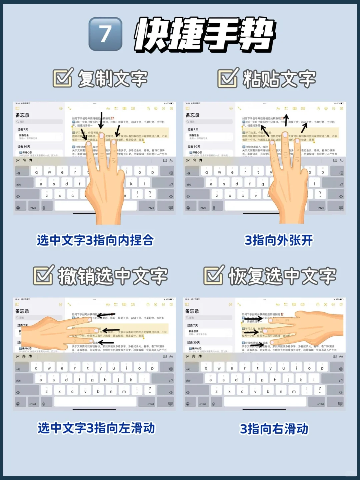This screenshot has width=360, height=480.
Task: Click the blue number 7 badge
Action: click(105, 34)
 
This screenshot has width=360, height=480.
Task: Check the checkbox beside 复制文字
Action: click(63, 78)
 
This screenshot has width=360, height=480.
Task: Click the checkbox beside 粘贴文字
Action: click(228, 78)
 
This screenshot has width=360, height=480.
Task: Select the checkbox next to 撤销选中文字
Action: click(43, 275)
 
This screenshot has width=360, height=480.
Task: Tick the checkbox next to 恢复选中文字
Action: click(214, 275)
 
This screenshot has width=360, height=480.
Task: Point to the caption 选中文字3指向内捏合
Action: click(95, 240)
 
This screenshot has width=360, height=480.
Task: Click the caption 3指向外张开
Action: click(279, 240)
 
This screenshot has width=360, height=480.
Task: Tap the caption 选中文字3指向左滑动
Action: click(96, 428)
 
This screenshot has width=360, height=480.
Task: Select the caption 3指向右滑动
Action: click(274, 429)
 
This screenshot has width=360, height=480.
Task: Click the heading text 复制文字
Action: click(113, 79)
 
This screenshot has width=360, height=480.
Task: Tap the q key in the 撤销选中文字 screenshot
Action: click(36, 368)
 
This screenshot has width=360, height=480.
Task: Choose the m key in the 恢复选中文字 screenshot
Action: click(294, 392)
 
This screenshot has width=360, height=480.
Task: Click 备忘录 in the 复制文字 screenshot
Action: click(22, 115)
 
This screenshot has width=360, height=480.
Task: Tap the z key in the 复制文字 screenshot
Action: click(47, 195)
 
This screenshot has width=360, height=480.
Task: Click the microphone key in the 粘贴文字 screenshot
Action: click(214, 208)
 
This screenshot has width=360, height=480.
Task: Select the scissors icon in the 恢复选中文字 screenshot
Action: click(187, 356)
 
